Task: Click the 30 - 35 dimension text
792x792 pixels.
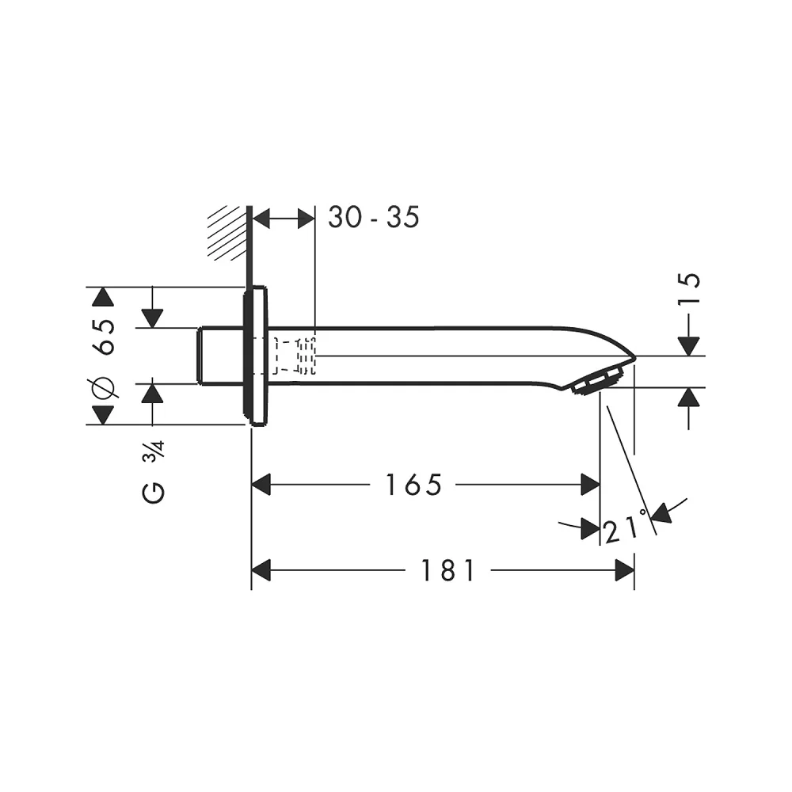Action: coord(373,217)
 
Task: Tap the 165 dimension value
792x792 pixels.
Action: coord(413,485)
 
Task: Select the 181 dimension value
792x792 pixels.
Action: coord(448,571)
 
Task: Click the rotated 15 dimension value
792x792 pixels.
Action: coord(689,288)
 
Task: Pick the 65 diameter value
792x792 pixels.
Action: coord(104,337)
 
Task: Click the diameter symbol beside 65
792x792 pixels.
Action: coord(104,387)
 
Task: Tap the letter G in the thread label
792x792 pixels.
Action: coord(154,493)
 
